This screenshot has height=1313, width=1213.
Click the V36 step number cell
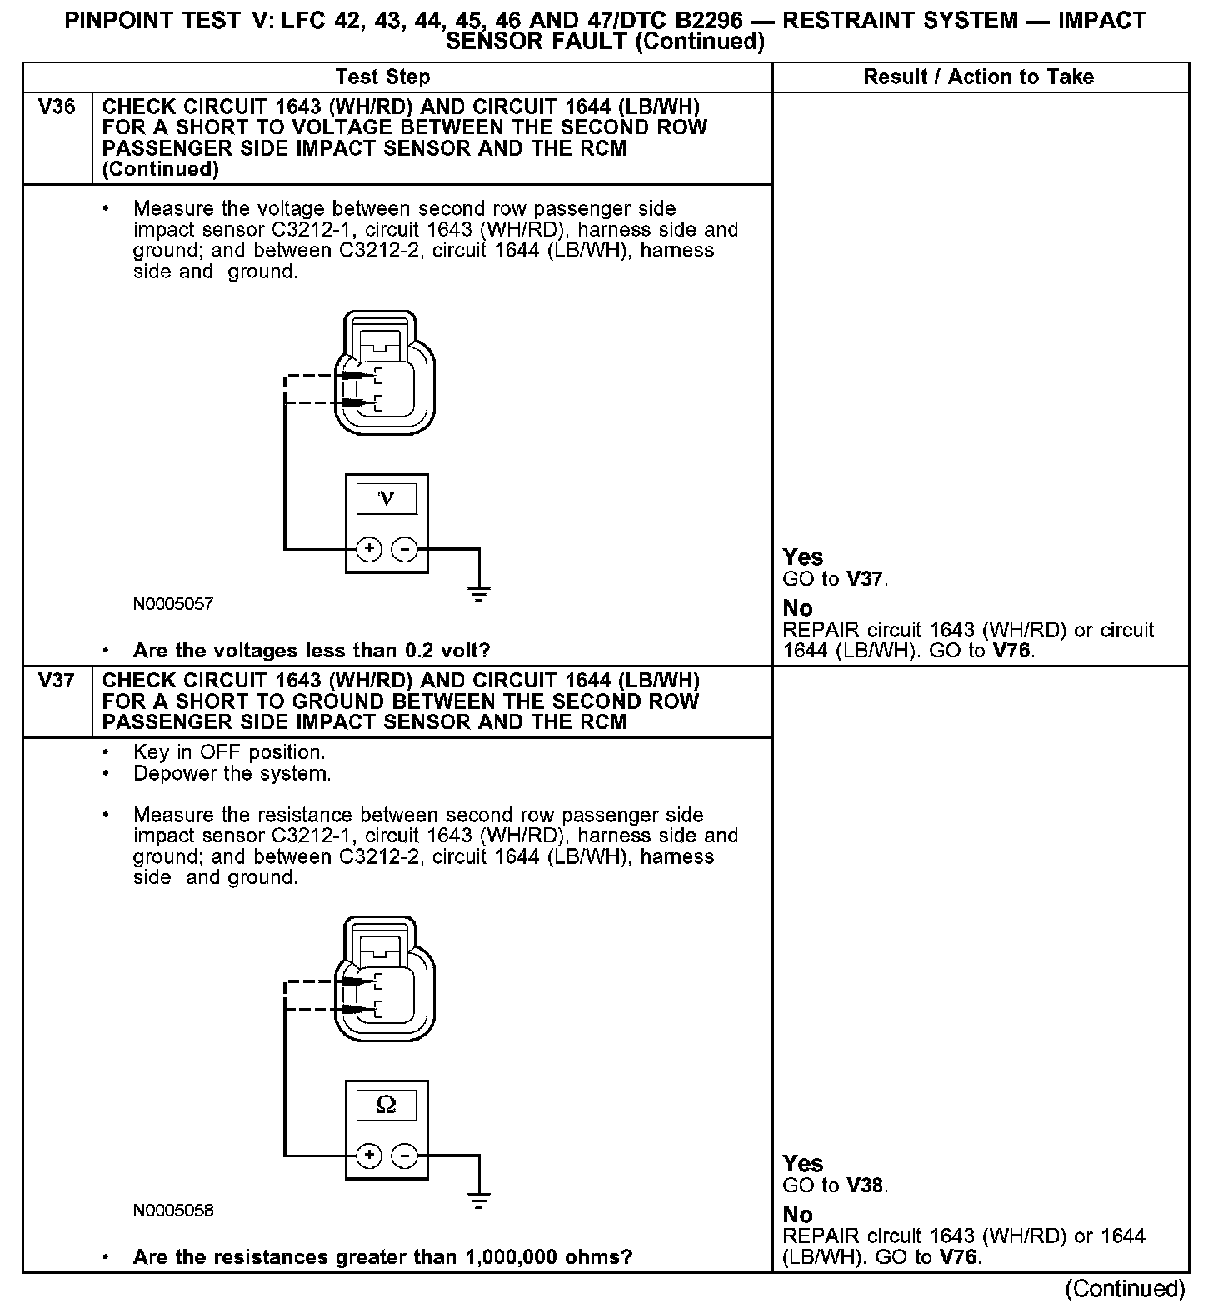tap(57, 107)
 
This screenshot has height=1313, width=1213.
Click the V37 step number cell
tap(57, 681)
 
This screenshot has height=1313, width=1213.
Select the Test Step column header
tap(382, 77)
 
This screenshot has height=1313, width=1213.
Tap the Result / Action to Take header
tap(978, 77)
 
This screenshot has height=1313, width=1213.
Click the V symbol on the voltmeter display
tap(386, 498)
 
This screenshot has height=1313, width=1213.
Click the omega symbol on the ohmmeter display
tap(386, 1105)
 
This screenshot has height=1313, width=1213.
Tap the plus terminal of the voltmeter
tap(368, 549)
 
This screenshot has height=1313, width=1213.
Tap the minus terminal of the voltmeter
tap(404, 549)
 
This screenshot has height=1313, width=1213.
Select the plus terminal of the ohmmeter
tap(368, 1156)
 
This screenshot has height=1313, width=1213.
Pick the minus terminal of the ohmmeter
tap(404, 1156)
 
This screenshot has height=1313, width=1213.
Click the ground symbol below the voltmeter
tap(478, 594)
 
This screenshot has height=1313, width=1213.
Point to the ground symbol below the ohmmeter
tap(478, 1201)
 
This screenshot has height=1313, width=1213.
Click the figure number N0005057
tap(173, 604)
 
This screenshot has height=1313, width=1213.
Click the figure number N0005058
tap(173, 1211)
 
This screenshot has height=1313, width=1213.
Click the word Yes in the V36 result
tap(803, 557)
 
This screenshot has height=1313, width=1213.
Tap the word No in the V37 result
tap(797, 1215)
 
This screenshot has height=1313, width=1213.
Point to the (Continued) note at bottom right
tap(1125, 1289)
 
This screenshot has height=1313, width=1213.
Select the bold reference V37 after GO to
tap(866, 579)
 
